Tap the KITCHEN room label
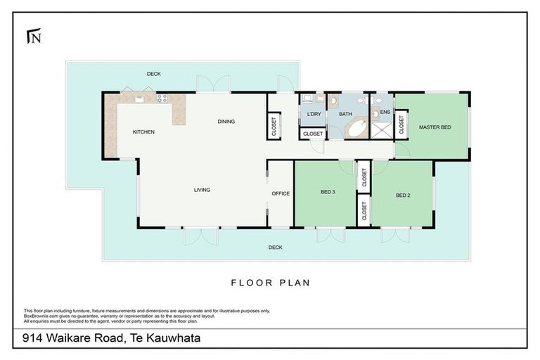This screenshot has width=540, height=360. point(143,131)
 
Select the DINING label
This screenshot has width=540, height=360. point(226,122)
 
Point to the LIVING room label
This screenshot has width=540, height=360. point(202,190)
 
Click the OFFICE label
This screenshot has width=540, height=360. point(281,193)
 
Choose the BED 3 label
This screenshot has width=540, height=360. point(328,191)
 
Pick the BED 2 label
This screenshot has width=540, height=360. point(402,195)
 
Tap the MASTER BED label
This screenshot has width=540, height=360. point(435,127)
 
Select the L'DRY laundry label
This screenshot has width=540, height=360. point(313,114)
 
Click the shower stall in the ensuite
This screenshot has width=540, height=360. point(383,129)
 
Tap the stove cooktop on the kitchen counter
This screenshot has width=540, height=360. point(161,99)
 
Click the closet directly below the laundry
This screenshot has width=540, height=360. point(313,134)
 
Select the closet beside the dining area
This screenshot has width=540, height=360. point(274,126)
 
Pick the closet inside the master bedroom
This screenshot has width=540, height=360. point(401,124)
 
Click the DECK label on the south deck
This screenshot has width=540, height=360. point(275,247)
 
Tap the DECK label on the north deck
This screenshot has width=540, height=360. point(154,74)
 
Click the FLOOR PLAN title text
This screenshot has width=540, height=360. point(270,283)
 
